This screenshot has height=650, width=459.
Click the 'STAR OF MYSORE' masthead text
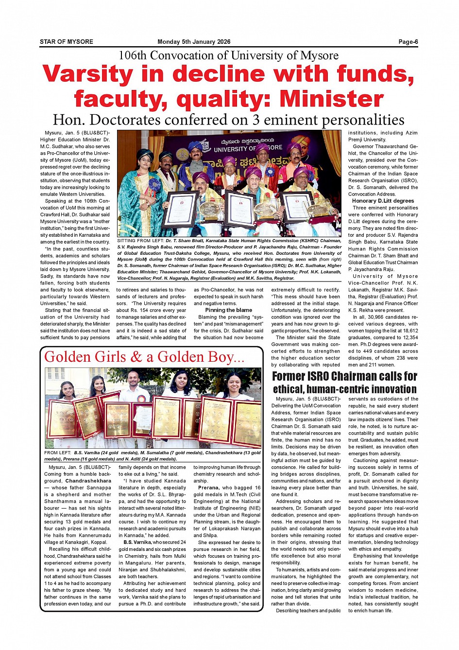(67, 42)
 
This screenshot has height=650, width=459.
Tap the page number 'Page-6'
(408, 42)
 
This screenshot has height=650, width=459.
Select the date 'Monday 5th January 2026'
(194, 42)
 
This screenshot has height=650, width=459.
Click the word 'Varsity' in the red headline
(87, 74)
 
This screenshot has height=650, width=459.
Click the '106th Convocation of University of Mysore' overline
(228, 55)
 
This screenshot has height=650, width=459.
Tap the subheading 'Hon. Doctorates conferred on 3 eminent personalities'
(228, 120)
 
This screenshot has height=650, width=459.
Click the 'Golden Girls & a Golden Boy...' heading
(144, 357)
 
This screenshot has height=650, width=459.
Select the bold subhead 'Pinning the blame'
(228, 310)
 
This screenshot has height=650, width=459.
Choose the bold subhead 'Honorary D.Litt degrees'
(383, 201)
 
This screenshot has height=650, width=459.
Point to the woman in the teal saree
(146, 194)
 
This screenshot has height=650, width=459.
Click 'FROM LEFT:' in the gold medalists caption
(57, 453)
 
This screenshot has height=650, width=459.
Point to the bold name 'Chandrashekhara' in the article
(88, 481)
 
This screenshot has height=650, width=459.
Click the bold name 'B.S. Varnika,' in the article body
(137, 542)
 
